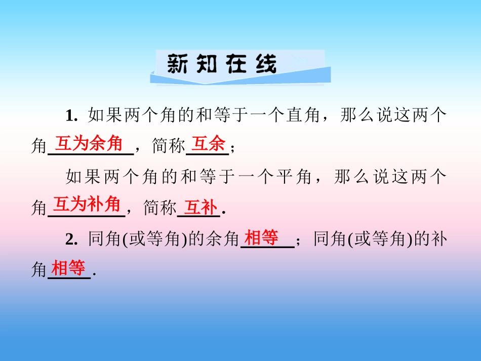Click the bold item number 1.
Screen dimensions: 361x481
pyautogui.click(x=70, y=116)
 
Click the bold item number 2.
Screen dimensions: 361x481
pyautogui.click(x=70, y=238)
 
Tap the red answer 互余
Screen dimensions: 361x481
pyautogui.click(x=209, y=145)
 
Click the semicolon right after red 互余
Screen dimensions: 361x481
pyautogui.click(x=232, y=148)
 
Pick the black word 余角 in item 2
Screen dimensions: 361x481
pyautogui.click(x=223, y=238)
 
